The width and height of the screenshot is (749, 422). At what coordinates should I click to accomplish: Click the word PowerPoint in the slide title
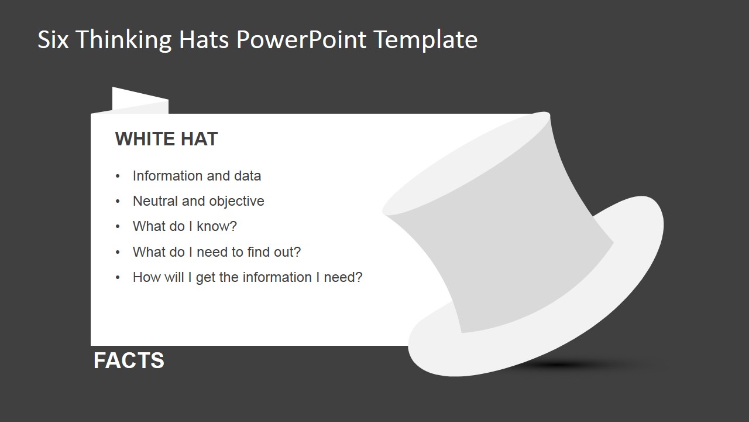[302, 40]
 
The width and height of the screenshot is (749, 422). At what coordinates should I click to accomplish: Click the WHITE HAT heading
[166, 139]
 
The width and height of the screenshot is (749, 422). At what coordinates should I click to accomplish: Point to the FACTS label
[129, 360]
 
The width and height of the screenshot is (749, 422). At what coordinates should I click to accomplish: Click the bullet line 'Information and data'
[197, 176]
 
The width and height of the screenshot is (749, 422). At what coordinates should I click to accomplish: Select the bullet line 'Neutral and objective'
[198, 201]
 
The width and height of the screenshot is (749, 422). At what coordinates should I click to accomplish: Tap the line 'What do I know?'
[184, 226]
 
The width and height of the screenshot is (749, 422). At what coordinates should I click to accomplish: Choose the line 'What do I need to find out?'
[217, 252]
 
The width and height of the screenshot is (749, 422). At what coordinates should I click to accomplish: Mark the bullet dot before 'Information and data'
[118, 176]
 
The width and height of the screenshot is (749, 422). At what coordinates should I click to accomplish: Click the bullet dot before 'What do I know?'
[118, 227]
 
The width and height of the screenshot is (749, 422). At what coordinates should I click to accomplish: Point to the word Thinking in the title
[124, 40]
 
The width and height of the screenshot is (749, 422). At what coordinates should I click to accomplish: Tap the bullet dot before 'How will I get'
[118, 278]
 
